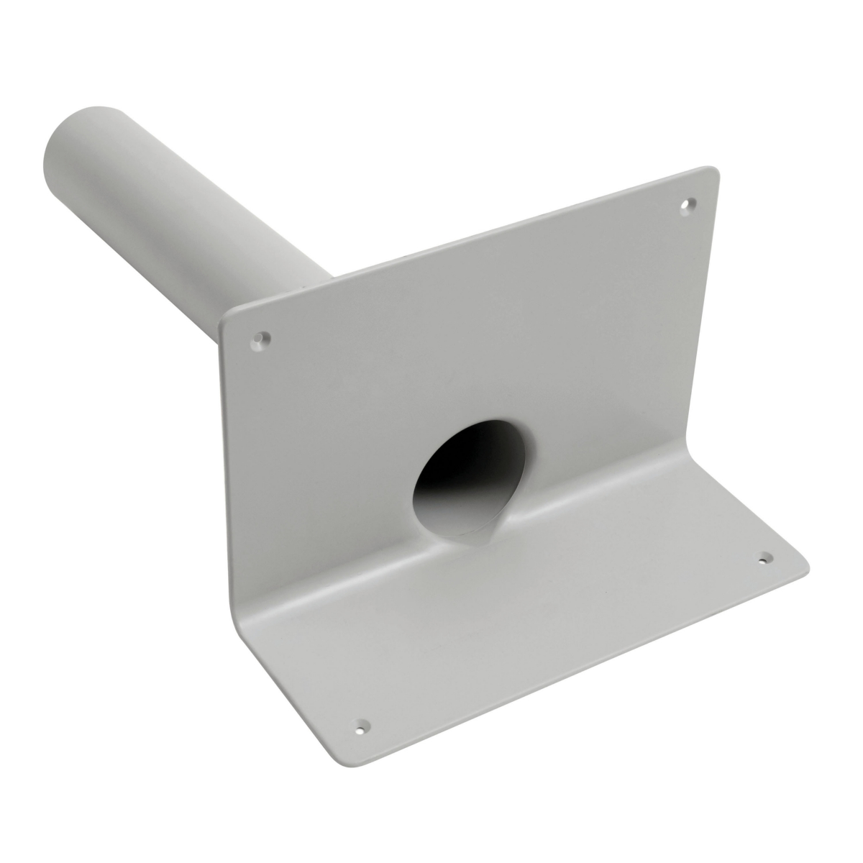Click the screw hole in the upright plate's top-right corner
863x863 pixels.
(x=689, y=204)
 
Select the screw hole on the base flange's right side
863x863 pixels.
(x=765, y=557)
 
